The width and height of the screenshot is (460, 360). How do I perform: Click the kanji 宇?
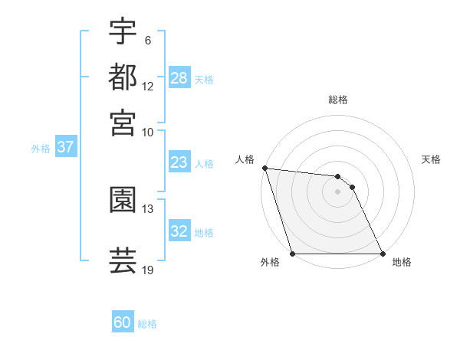(123, 32)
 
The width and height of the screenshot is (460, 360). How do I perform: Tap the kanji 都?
(123, 78)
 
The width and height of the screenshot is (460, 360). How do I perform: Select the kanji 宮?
(123, 123)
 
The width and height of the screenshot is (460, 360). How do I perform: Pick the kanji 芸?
(123, 260)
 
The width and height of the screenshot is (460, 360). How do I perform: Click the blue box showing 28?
(179, 78)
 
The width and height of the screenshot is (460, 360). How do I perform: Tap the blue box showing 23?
(179, 162)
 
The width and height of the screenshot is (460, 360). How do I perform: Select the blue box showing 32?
(179, 231)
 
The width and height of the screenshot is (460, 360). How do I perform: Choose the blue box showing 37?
(65, 148)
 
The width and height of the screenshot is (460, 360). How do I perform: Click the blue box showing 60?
(123, 322)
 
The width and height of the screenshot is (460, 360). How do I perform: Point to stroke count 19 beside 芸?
(148, 270)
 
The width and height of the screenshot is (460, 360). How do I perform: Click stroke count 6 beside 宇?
(147, 41)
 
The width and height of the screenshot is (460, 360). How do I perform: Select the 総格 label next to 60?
(147, 324)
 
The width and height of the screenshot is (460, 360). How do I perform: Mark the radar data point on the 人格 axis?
(264, 168)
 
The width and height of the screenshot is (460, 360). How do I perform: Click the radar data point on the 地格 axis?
(382, 254)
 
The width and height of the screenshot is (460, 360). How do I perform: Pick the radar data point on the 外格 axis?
(293, 254)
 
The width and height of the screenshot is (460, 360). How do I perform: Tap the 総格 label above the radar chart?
(338, 100)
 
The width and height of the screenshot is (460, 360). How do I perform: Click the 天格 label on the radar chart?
(432, 159)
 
